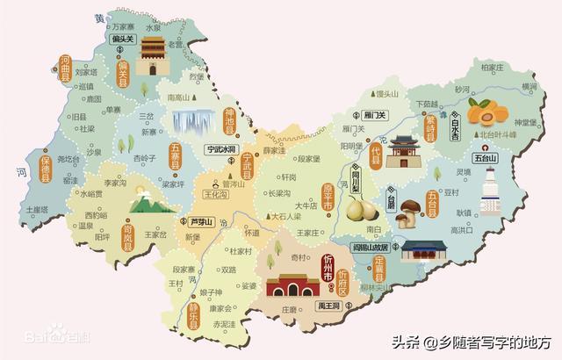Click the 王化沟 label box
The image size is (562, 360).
215,195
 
